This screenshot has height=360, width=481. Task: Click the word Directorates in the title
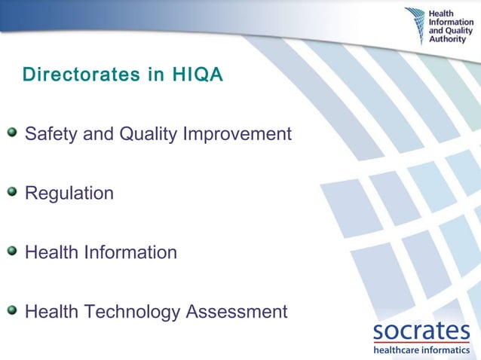(73, 75)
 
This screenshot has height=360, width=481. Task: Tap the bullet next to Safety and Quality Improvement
(11, 133)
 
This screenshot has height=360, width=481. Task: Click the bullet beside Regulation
(11, 192)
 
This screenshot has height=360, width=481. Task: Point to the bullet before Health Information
(11, 251)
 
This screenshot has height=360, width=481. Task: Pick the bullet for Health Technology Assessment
(11, 310)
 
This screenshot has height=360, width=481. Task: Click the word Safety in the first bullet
(48, 134)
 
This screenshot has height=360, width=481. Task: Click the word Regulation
(69, 193)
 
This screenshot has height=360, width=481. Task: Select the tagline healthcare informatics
(421, 349)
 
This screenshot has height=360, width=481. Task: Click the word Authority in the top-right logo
(447, 39)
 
